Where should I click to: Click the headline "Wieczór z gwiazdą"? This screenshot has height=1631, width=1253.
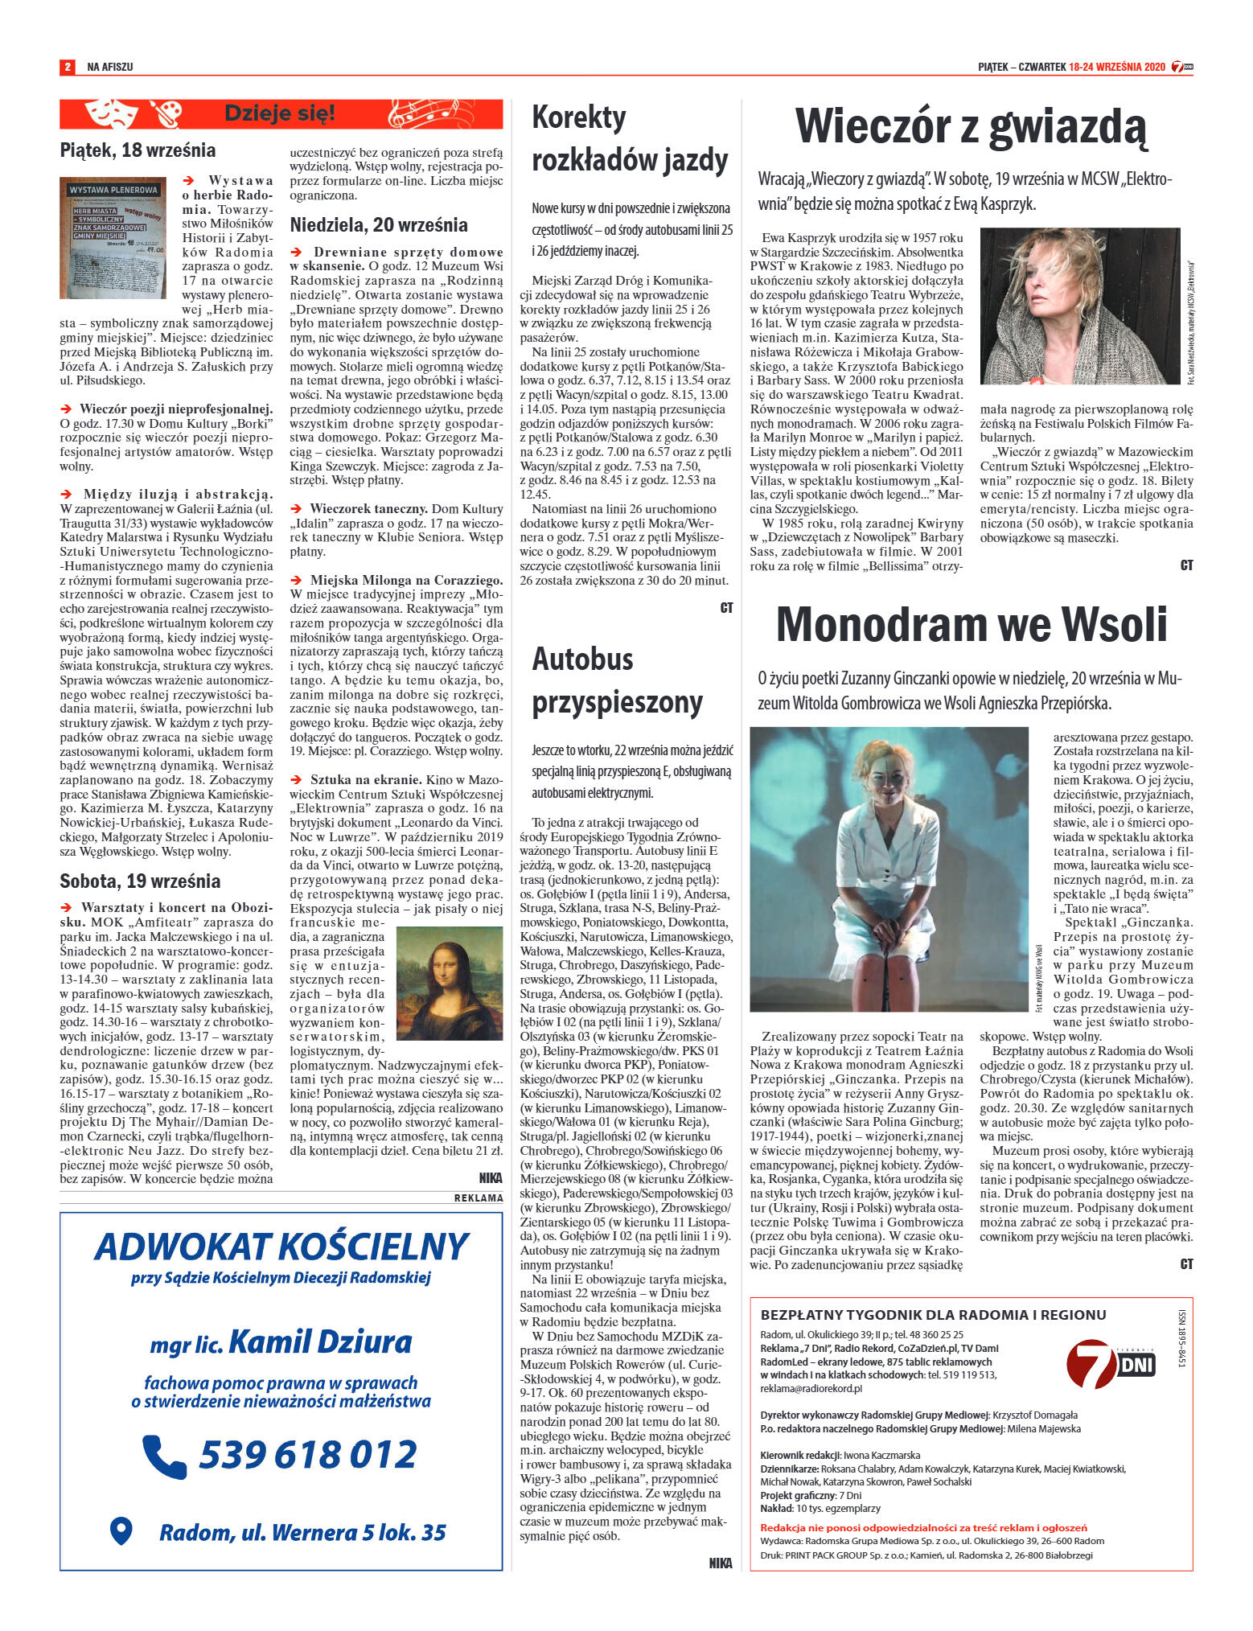pos(970,127)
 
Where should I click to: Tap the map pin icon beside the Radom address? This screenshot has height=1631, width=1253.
pos(121,1531)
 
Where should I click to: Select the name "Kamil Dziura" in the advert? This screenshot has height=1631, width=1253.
pos(320,1341)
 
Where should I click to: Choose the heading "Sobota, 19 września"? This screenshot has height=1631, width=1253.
pos(140,881)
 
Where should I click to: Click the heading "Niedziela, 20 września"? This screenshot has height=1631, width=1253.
pos(379,224)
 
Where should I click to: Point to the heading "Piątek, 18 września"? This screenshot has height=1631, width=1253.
pos(138,150)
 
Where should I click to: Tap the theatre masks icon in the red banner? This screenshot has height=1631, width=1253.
pos(108,113)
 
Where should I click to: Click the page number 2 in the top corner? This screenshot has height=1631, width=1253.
pos(68,67)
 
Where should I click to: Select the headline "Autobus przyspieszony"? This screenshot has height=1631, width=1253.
pos(617,680)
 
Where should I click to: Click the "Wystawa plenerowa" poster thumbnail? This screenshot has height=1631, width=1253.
pos(113,238)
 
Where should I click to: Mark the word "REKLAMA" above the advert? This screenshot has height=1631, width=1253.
pos(479,1198)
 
